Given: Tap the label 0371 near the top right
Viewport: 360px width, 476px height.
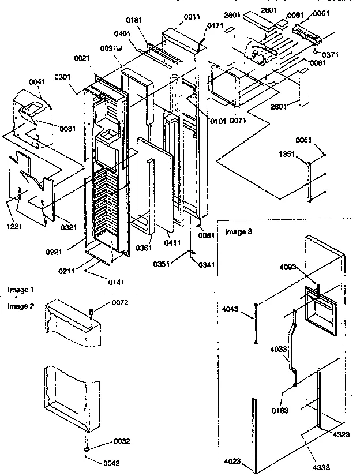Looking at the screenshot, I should (331, 55).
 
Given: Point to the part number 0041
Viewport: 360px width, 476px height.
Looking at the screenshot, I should (36, 83).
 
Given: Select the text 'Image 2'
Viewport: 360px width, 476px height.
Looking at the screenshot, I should (21, 306).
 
